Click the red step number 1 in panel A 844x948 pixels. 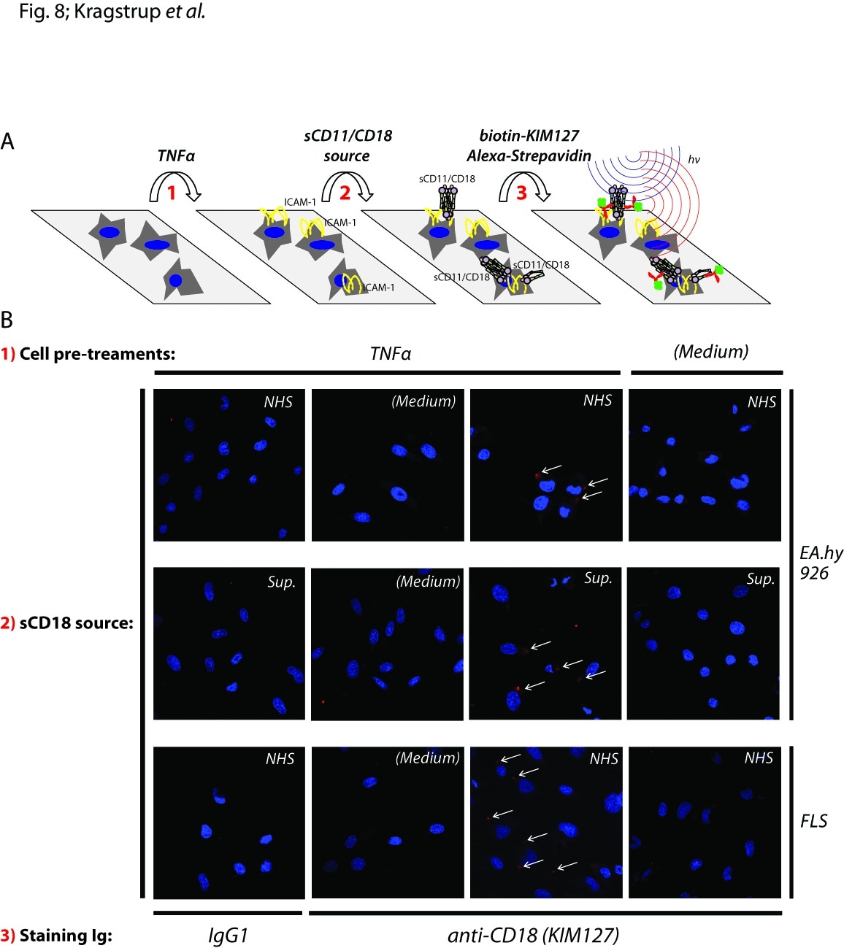tap(172, 193)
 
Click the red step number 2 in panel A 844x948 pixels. tap(345, 193)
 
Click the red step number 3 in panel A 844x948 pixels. tap(521, 193)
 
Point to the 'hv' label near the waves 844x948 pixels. tap(694, 160)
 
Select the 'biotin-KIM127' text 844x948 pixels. tap(529, 135)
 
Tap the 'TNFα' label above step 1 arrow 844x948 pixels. tap(176, 155)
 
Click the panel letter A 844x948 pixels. tap(7, 141)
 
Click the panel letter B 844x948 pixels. tap(7, 320)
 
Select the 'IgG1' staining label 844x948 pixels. tap(228, 936)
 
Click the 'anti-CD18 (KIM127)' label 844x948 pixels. tap(534, 936)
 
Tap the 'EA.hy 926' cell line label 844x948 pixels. tap(821, 563)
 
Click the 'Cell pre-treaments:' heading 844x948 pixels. tap(97, 354)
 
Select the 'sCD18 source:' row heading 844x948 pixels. tap(77, 623)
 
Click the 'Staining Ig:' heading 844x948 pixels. tap(66, 936)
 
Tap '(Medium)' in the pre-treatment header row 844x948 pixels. tap(711, 352)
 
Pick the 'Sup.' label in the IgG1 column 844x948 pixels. tap(282, 582)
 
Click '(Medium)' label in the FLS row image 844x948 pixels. tap(427, 758)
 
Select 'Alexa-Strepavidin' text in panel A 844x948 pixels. tap(529, 155)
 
